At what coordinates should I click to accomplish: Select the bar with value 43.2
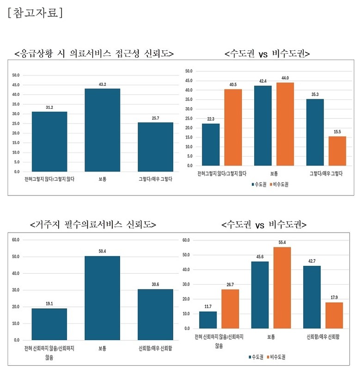pyautogui.click(x=102, y=130)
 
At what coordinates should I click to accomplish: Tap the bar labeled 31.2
pyautogui.click(x=49, y=141)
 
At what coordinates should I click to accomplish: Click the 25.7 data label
pyautogui.click(x=155, y=118)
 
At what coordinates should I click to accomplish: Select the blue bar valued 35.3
pyautogui.click(x=315, y=132)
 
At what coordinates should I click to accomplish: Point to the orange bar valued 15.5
pyautogui.click(x=337, y=151)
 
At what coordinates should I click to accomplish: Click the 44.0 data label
pyautogui.click(x=285, y=78)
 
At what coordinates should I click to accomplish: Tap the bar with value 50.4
pyautogui.click(x=102, y=298)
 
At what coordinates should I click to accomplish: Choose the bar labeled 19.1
pyautogui.click(x=49, y=324)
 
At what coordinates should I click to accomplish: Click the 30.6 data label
pyautogui.click(x=155, y=285)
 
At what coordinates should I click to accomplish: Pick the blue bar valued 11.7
pyautogui.click(x=207, y=320)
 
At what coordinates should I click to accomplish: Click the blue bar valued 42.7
pyautogui.click(x=312, y=297)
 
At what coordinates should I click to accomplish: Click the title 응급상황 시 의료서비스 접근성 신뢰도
pyautogui.click(x=94, y=54)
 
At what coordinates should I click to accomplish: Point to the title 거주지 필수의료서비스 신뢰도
pyautogui.click(x=93, y=225)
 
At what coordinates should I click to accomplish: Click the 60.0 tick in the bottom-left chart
pyautogui.click(x=16, y=239)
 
